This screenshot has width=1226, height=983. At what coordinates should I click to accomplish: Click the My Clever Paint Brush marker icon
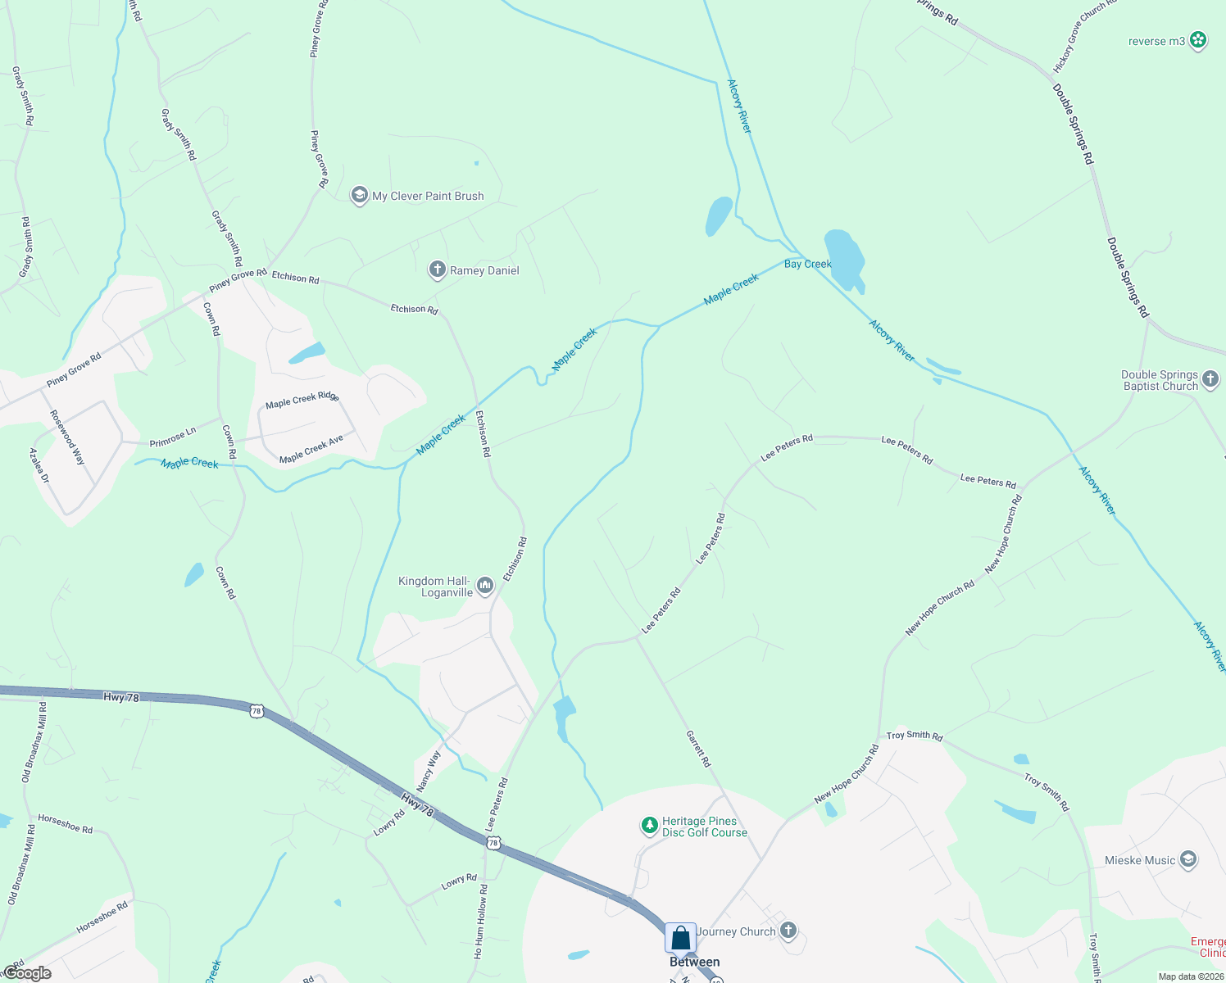pos(359,196)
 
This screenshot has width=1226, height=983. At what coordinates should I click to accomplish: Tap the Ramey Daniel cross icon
pos(438,270)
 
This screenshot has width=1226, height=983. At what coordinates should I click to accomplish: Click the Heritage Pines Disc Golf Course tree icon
pos(650,825)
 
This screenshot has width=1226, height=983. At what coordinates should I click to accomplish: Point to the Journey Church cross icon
pos(788,931)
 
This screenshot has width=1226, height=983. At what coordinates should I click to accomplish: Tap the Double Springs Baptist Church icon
pos(1211,380)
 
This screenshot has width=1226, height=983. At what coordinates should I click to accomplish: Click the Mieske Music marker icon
pos(1188,859)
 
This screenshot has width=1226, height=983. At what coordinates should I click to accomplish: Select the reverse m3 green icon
pos(1198,40)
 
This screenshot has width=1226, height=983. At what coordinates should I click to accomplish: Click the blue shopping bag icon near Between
pos(681,938)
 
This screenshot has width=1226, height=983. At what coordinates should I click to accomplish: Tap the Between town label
pos(695,963)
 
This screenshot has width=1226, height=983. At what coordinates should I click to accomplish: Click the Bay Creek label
pos(808,264)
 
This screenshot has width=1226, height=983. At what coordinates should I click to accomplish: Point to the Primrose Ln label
pos(173,437)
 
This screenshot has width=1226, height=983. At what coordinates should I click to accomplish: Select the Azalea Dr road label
pos(39,465)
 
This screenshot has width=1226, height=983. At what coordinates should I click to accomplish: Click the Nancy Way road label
pos(429,771)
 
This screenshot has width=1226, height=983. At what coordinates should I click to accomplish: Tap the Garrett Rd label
pos(698,749)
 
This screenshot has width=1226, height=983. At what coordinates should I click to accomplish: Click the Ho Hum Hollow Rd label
pos(480,922)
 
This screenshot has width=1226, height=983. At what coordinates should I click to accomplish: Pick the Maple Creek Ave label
pos(311,449)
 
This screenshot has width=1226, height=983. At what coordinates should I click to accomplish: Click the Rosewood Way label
pos(67,437)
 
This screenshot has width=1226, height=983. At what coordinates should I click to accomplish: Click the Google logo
pos(27,973)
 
